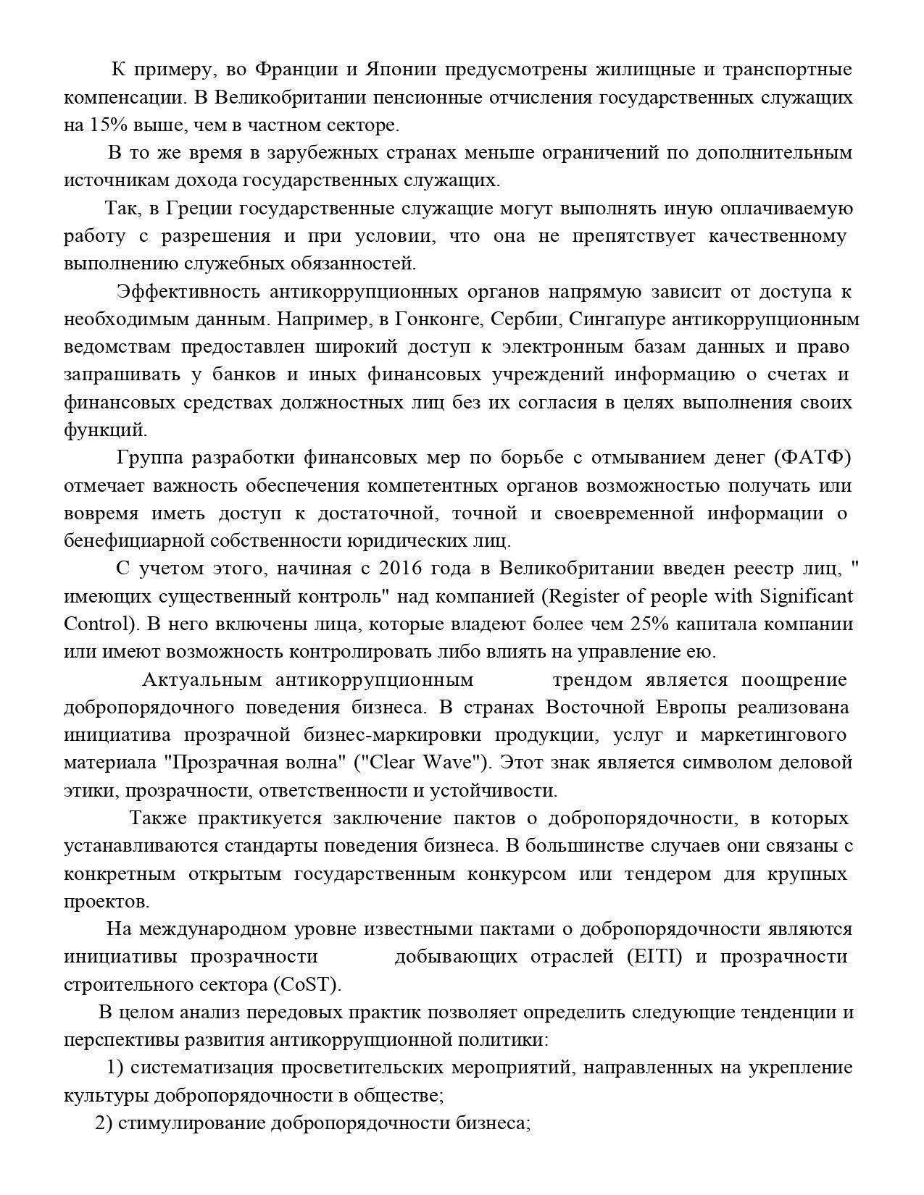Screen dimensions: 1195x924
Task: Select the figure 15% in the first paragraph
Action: point(109,125)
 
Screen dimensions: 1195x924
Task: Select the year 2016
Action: point(401,569)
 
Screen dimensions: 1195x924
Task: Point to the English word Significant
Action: point(806,596)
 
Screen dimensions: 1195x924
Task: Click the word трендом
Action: point(592,679)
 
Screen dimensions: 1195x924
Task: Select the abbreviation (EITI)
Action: point(655,957)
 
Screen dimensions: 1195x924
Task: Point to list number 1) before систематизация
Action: point(115,1068)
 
